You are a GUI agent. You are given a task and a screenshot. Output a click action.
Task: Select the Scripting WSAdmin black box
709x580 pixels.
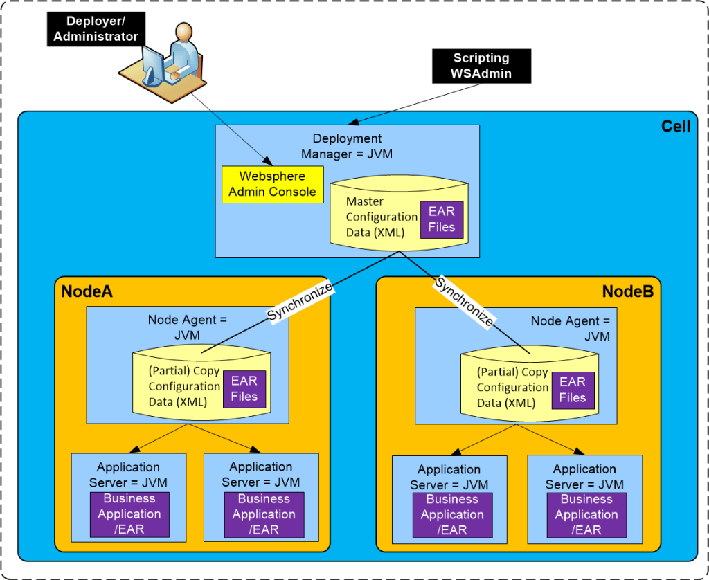pyautogui.click(x=481, y=66)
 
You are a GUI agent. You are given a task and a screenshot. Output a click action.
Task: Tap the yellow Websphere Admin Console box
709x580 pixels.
pyautogui.click(x=272, y=184)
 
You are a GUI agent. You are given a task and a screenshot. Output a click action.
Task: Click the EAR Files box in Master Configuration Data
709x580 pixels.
pyautogui.click(x=441, y=219)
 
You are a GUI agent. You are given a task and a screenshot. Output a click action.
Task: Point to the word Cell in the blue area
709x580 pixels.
pyautogui.click(x=675, y=127)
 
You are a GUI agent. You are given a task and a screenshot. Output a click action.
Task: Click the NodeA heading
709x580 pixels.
pyautogui.click(x=87, y=291)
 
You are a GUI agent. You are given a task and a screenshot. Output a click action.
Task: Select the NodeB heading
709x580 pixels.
pyautogui.click(x=627, y=291)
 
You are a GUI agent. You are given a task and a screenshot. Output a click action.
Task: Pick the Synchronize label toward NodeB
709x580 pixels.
pyautogui.click(x=465, y=301)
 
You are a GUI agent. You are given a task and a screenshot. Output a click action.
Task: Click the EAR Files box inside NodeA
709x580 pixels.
pyautogui.click(x=244, y=389)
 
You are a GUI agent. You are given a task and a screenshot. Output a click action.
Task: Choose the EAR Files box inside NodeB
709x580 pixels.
pyautogui.click(x=572, y=390)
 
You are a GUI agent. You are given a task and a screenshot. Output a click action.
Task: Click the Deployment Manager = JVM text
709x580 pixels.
pyautogui.click(x=347, y=146)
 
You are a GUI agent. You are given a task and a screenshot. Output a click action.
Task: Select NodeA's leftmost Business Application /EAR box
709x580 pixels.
pyautogui.click(x=129, y=514)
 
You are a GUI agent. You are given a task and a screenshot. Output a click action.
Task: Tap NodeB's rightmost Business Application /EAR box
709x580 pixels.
pyautogui.click(x=586, y=515)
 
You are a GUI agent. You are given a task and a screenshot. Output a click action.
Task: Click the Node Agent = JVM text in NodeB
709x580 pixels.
pyautogui.click(x=571, y=329)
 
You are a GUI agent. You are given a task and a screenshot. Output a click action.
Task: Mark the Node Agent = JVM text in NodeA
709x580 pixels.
pyautogui.click(x=188, y=327)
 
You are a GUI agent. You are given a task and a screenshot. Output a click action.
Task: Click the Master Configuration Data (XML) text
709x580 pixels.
pyautogui.click(x=382, y=217)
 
